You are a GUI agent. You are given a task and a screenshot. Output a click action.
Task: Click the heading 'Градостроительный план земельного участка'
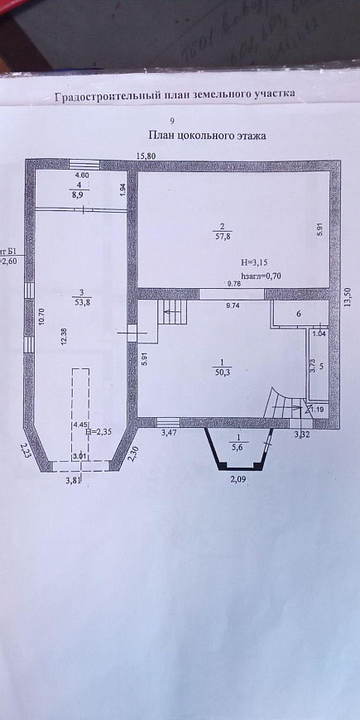174,96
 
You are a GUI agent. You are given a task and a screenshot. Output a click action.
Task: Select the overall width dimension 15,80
146,155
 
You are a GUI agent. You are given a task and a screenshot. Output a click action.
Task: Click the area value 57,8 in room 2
221,236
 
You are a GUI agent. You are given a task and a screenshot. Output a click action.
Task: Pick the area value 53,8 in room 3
80,302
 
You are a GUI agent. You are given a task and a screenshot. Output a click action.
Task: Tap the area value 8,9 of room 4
81,197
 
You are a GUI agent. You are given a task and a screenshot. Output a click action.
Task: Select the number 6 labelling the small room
299,315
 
